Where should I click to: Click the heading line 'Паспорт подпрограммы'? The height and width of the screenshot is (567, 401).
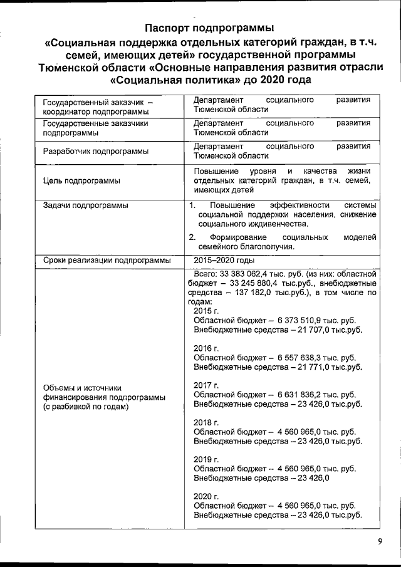tap(209, 28)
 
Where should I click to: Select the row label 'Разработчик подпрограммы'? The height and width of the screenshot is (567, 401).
tap(95, 152)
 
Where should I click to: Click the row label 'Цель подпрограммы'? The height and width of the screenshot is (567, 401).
tap(81, 181)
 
